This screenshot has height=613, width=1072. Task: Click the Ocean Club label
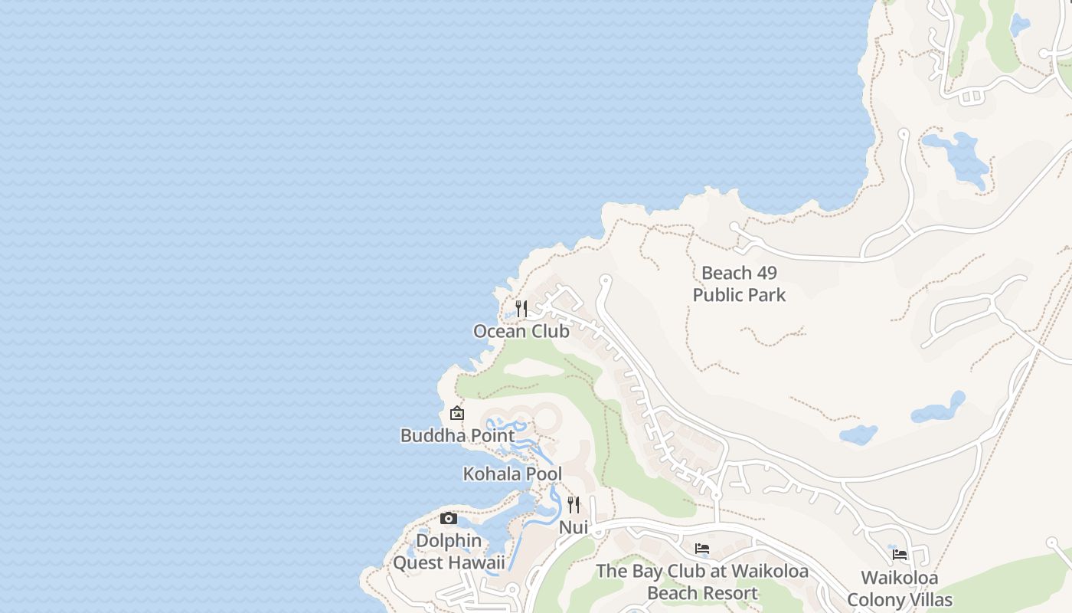(x=521, y=331)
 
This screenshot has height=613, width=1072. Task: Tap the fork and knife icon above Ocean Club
(x=521, y=309)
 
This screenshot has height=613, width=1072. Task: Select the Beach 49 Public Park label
(x=739, y=284)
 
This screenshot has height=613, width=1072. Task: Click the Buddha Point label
(x=457, y=435)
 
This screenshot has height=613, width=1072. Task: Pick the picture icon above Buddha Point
(x=457, y=414)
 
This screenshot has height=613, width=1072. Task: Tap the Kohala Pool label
(x=512, y=474)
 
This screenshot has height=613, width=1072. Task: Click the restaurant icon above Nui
(x=573, y=505)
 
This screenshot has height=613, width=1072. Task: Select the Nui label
(x=573, y=527)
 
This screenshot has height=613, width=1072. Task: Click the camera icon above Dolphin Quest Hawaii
(x=449, y=519)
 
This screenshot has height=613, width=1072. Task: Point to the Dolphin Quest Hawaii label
(x=449, y=552)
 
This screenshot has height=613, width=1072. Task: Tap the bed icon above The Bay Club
(x=701, y=549)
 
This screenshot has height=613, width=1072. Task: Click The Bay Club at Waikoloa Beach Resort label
(x=702, y=582)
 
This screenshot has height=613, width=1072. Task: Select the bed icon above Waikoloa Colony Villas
(x=900, y=555)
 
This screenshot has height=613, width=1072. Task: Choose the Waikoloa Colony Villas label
(x=900, y=588)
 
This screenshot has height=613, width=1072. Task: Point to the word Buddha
(x=429, y=435)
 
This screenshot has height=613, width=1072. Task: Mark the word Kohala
(x=488, y=474)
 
